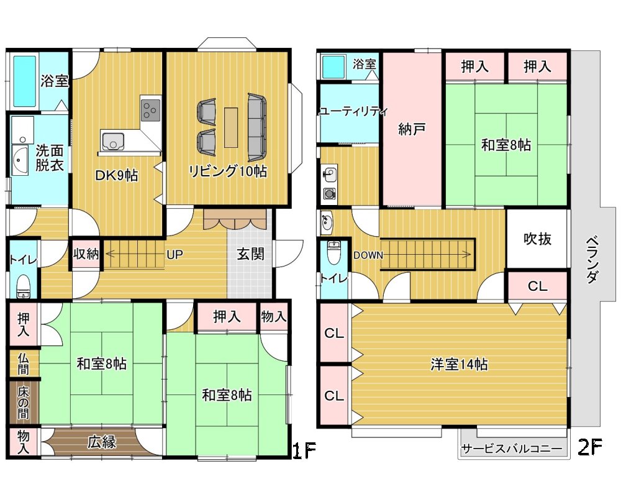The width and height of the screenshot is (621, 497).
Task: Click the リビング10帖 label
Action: [228, 171]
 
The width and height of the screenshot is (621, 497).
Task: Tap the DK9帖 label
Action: [117, 175]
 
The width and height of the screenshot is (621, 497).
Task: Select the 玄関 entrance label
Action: [250, 254]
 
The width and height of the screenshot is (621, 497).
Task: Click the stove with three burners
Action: [150, 110]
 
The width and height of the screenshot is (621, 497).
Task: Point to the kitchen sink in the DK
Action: [113, 142]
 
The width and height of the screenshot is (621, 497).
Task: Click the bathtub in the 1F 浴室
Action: [25, 81]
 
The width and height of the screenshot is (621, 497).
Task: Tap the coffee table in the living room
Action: [231, 127]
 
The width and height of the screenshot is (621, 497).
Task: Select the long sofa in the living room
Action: [257, 127]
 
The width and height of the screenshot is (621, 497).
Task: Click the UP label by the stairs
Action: [175, 255]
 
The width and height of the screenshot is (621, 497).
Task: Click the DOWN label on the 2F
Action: [368, 255]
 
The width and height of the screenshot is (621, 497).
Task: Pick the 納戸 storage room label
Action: [412, 129]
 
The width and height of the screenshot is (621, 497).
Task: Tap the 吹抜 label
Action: [537, 239]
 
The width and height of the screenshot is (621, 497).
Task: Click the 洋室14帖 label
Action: [459, 364]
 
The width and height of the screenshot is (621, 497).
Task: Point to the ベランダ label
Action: [591, 260]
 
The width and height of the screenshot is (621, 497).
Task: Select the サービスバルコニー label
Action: [512, 449]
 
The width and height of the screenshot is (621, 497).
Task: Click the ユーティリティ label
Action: [353, 111]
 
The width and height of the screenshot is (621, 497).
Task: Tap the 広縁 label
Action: [102, 442]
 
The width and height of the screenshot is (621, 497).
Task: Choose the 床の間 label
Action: [24, 403]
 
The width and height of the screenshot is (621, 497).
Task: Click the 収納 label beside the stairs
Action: [86, 253]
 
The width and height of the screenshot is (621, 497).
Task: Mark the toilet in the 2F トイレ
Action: [334, 252]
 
